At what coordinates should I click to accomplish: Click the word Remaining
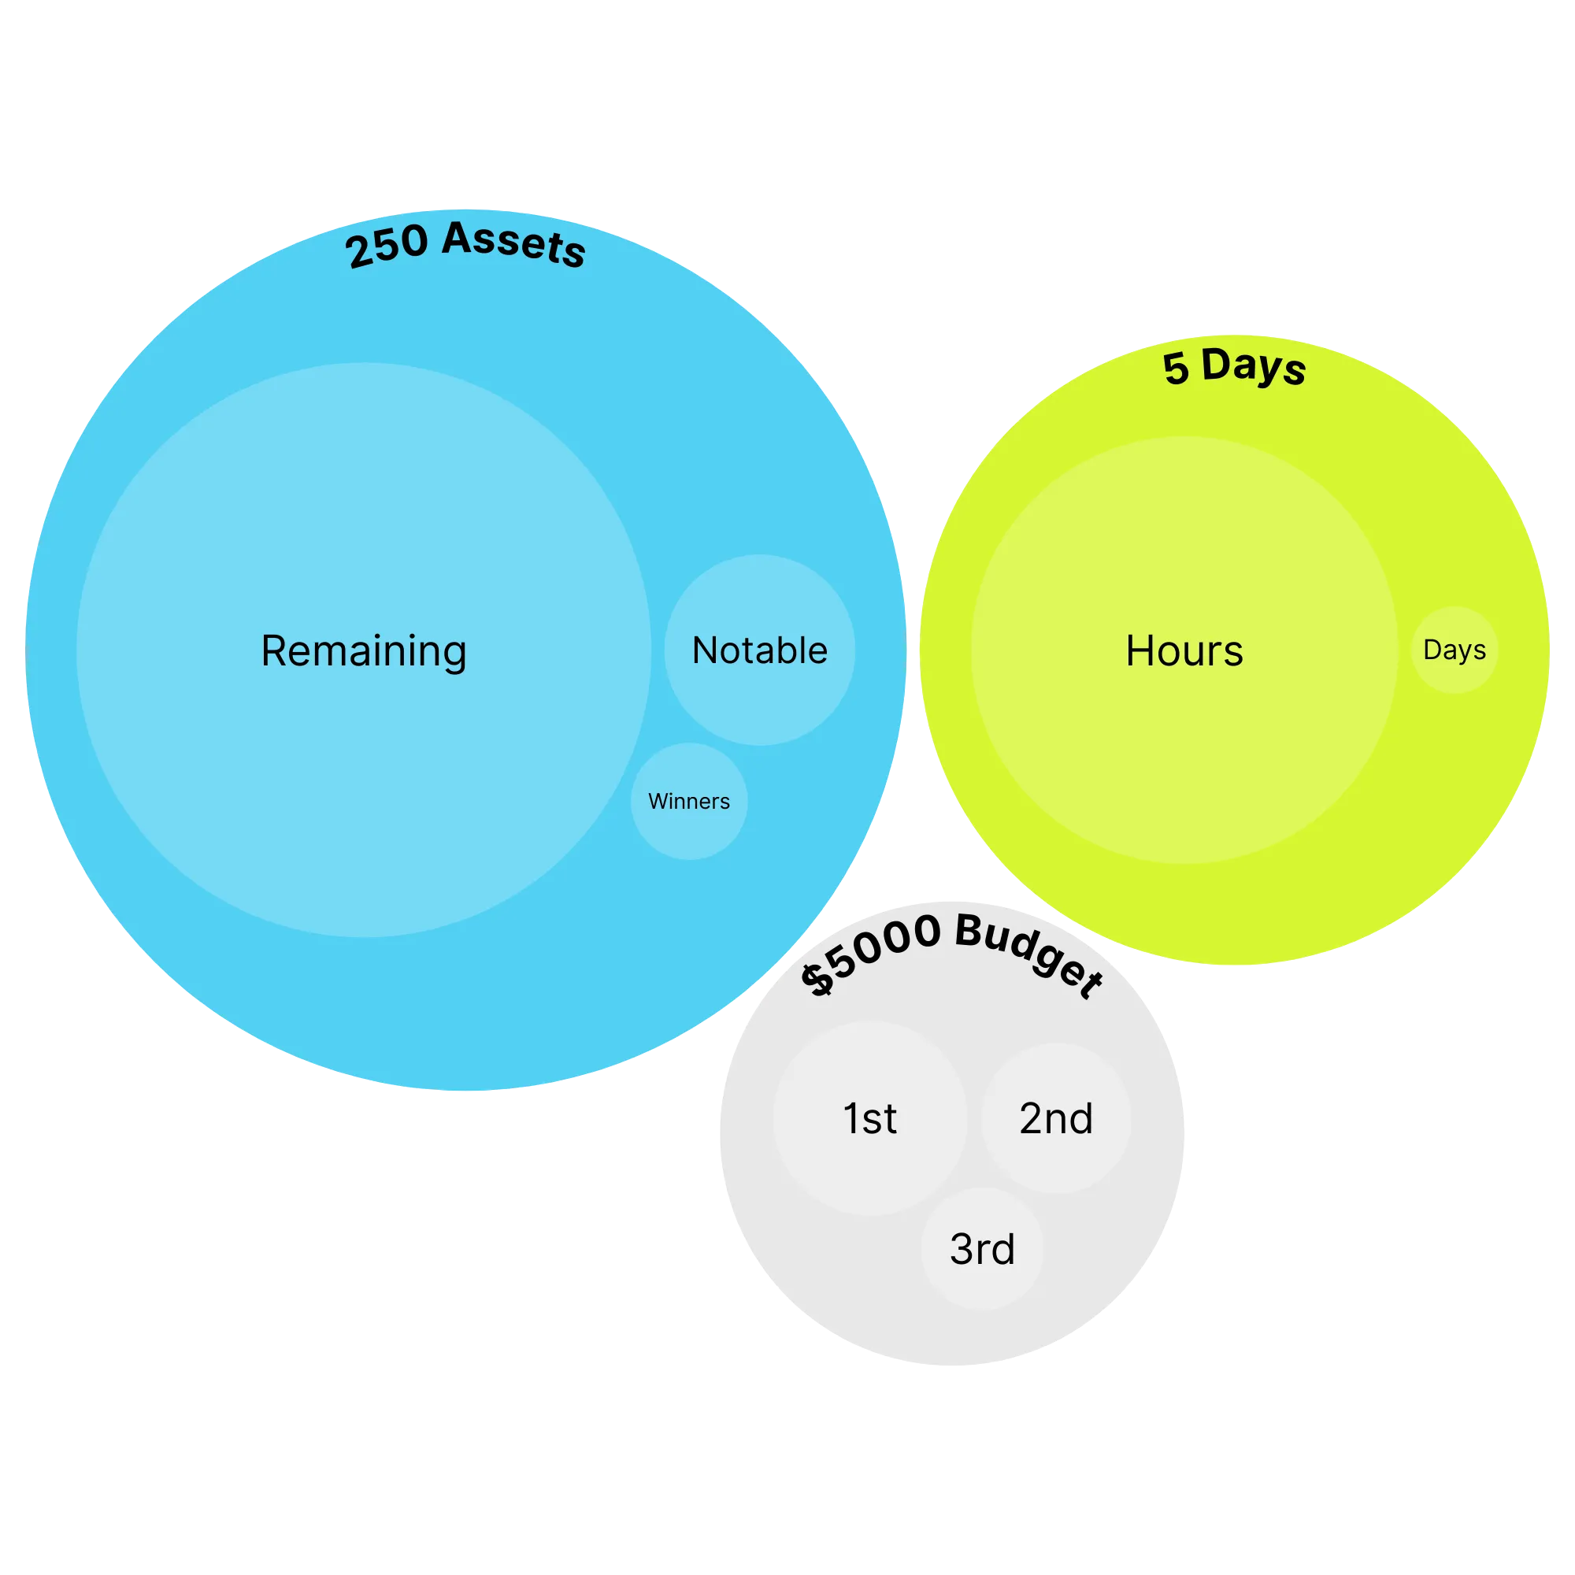(364, 650)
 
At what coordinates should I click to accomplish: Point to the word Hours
(1184, 650)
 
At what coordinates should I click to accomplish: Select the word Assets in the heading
(515, 242)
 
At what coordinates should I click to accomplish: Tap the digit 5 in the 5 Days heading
(1177, 369)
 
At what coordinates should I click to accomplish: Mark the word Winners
(689, 802)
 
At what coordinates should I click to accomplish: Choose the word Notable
(759, 650)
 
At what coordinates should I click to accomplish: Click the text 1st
(870, 1118)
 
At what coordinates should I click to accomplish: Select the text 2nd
(1056, 1118)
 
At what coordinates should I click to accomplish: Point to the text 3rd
(982, 1249)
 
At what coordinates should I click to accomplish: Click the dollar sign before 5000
(817, 979)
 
